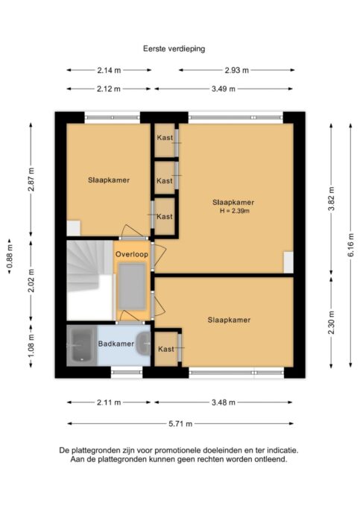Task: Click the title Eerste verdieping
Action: (x=174, y=48)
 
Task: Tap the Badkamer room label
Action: (x=116, y=344)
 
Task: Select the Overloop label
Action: (x=132, y=254)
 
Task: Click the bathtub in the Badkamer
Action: (x=81, y=345)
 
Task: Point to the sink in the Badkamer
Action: (x=143, y=344)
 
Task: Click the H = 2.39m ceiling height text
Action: (x=234, y=211)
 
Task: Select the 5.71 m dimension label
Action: (x=180, y=423)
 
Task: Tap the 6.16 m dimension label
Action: (x=350, y=245)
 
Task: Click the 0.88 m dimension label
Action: (x=10, y=256)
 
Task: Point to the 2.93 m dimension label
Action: (x=236, y=70)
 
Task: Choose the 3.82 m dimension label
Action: (x=331, y=199)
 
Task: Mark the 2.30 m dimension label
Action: (x=331, y=322)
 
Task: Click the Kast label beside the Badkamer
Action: (x=166, y=350)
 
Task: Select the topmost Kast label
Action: (x=165, y=138)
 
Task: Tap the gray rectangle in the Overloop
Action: (x=132, y=286)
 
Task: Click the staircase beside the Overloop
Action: (x=90, y=280)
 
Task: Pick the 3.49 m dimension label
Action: (x=224, y=89)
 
